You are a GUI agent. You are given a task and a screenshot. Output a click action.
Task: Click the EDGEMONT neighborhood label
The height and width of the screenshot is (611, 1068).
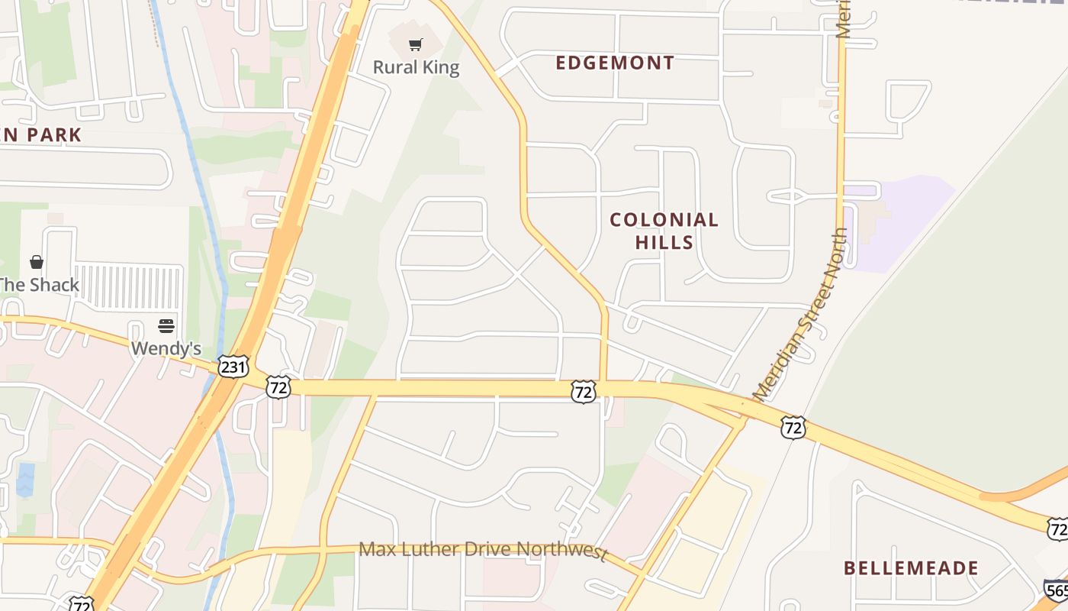coord(615,63)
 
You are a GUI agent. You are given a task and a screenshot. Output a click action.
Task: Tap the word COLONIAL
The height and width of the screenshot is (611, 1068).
coord(664,221)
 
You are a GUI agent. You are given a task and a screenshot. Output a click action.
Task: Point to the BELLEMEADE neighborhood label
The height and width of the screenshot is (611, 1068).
coord(911,568)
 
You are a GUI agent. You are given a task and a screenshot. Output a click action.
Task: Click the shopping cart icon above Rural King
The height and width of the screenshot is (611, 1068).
coord(416,45)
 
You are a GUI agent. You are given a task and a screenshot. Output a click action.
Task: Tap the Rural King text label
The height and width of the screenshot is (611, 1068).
coord(416,68)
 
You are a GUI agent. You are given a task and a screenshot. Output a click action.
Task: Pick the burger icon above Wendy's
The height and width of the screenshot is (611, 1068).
coord(166,327)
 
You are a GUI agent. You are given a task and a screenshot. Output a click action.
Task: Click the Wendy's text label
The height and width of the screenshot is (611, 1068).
coord(166,349)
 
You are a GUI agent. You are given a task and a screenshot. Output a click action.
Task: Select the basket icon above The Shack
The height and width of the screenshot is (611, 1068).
coord(36,263)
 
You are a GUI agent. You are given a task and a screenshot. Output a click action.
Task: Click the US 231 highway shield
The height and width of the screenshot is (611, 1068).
coord(233,367)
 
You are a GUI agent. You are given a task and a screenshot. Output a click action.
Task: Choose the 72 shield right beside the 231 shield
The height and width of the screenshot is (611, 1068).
coord(278,388)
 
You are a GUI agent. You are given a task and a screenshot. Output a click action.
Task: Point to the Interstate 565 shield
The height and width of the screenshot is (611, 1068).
coord(1056,590)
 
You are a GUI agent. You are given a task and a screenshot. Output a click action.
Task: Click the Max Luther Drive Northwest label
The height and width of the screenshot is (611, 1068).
coord(482,549)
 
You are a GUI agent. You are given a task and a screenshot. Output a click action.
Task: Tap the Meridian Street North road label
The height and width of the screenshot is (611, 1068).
coord(801,314)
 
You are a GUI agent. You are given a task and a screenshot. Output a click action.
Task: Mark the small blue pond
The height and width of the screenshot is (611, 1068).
coord(24,478)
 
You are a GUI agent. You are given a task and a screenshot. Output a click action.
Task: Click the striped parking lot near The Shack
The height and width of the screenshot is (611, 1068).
coord(128,286)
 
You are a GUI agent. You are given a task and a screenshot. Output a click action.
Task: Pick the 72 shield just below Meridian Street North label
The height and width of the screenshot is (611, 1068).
coord(793,428)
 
